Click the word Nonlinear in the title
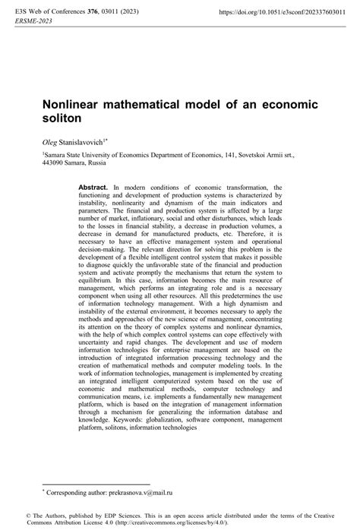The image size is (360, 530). coord(73,104)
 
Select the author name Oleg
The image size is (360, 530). coord(52,142)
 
